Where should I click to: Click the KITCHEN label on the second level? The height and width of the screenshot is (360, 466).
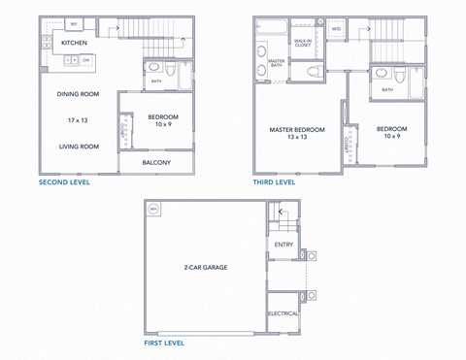[x=76, y=43]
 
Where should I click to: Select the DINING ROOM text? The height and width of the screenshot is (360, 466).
[x=79, y=94]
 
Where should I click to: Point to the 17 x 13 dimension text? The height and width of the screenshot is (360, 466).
[x=79, y=119]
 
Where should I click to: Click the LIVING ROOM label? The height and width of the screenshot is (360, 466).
[x=79, y=147]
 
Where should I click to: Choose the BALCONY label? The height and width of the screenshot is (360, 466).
[x=156, y=162]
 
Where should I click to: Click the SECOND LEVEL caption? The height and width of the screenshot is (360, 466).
[x=70, y=182]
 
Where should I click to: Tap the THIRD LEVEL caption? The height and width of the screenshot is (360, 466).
[x=275, y=182]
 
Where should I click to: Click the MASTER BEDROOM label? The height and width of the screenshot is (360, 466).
[x=297, y=129]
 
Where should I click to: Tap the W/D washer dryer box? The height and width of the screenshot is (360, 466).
[x=336, y=29]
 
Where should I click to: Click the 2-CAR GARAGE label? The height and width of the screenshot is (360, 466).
[x=205, y=266]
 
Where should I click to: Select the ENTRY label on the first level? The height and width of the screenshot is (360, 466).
[x=283, y=245]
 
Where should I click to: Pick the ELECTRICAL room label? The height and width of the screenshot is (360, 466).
[x=283, y=313]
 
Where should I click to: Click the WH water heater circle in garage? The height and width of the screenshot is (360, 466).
[x=152, y=209]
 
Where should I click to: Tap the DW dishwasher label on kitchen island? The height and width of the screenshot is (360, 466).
[x=85, y=60]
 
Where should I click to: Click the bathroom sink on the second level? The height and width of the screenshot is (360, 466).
[x=153, y=68]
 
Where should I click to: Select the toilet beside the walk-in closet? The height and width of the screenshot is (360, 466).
[x=313, y=70]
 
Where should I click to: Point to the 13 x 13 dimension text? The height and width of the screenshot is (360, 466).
[x=297, y=138]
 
